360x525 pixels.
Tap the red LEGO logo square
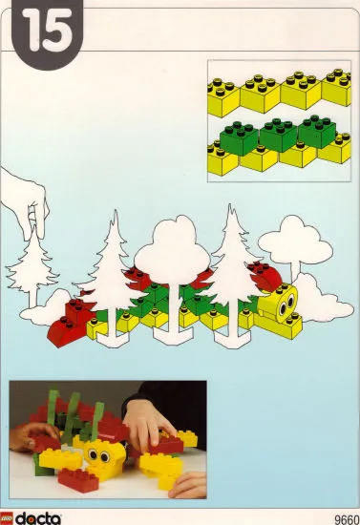point(9,518)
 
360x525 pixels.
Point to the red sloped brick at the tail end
point(72,329)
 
